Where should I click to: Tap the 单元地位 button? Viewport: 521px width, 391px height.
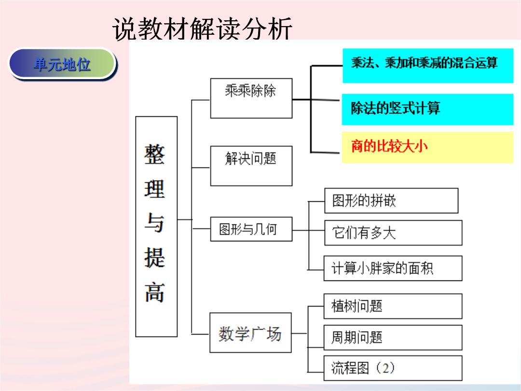(62, 64)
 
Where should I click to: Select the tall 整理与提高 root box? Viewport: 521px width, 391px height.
(156, 226)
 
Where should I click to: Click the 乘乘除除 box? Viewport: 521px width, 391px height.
(251, 98)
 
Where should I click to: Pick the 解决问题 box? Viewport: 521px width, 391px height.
(251, 166)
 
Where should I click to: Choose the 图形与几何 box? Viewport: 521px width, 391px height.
(251, 229)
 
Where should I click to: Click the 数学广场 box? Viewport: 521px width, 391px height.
(250, 333)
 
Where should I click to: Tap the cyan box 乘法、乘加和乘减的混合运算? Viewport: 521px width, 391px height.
(428, 66)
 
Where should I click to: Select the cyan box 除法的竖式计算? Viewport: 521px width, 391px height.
(427, 110)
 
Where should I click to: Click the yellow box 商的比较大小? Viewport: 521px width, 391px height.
(427, 147)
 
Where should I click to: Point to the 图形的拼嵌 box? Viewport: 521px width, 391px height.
(391, 200)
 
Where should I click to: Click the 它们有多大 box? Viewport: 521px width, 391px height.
(394, 233)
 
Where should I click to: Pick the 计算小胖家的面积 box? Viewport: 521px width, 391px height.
(393, 268)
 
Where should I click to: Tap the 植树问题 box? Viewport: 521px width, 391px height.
(393, 306)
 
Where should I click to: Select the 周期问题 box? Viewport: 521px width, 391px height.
(393, 337)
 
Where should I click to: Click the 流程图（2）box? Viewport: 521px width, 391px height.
(393, 368)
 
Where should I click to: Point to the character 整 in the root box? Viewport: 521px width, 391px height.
(154, 154)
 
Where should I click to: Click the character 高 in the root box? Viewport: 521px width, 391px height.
(154, 292)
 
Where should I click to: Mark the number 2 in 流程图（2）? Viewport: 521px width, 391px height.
(385, 368)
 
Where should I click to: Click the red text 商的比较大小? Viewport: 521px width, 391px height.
(389, 146)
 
